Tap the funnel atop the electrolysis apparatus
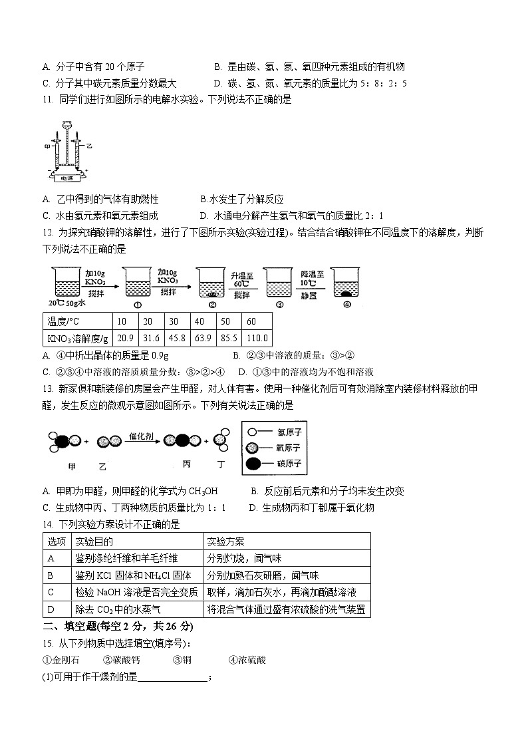click(67, 125)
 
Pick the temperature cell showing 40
click(199, 321)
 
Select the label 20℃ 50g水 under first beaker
click(69, 303)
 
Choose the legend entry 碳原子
click(286, 462)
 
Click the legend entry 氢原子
click(286, 431)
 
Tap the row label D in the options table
click(51, 609)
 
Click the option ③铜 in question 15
click(182, 660)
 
